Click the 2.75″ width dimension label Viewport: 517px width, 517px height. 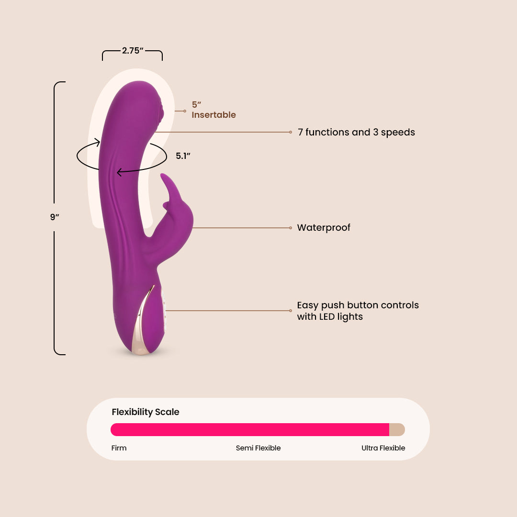pyautogui.click(x=133, y=50)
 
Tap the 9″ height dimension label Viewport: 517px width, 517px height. pyautogui.click(x=55, y=217)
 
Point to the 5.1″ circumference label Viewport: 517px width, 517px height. pyautogui.click(x=183, y=156)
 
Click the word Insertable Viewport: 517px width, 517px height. pyautogui.click(x=214, y=115)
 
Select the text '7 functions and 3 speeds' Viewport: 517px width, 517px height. pyautogui.click(x=356, y=132)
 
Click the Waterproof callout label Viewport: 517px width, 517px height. pyautogui.click(x=324, y=228)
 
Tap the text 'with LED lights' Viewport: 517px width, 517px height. pyautogui.click(x=330, y=317)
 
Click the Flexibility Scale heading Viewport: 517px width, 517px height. pyautogui.click(x=146, y=412)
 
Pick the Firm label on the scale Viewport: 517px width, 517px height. pyautogui.click(x=119, y=448)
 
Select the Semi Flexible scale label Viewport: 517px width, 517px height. pyautogui.click(x=258, y=448)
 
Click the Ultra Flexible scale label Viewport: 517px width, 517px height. pyautogui.click(x=383, y=448)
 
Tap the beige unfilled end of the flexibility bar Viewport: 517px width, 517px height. pyautogui.click(x=397, y=429)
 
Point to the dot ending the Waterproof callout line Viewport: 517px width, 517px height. pyautogui.click(x=291, y=228)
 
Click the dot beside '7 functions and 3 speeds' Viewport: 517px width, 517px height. pyautogui.click(x=291, y=132)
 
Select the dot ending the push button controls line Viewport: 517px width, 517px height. pyautogui.click(x=291, y=311)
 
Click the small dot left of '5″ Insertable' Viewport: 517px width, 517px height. pyautogui.click(x=185, y=111)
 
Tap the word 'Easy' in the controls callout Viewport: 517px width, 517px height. pyautogui.click(x=307, y=305)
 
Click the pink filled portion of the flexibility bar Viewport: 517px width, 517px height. pyautogui.click(x=249, y=429)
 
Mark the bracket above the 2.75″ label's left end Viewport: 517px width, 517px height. pyautogui.click(x=103, y=55)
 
